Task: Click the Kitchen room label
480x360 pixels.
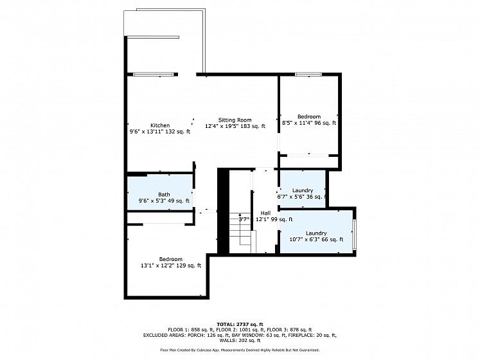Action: pyautogui.click(x=160, y=125)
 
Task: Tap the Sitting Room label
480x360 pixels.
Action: pyautogui.click(x=235, y=120)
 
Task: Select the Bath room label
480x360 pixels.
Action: pyautogui.click(x=164, y=194)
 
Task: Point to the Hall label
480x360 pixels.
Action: pyautogui.click(x=266, y=213)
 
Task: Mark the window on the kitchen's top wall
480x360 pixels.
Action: pyautogui.click(x=153, y=74)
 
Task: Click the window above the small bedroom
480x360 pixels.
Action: pyautogui.click(x=308, y=74)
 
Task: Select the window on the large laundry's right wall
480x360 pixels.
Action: pyautogui.click(x=354, y=235)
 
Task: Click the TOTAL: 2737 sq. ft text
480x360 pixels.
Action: pyautogui.click(x=240, y=324)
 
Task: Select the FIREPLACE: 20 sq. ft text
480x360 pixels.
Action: pyautogui.click(x=312, y=335)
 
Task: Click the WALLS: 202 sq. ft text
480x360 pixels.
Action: pyautogui.click(x=240, y=340)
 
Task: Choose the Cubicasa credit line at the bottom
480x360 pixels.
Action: pyautogui.click(x=240, y=350)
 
